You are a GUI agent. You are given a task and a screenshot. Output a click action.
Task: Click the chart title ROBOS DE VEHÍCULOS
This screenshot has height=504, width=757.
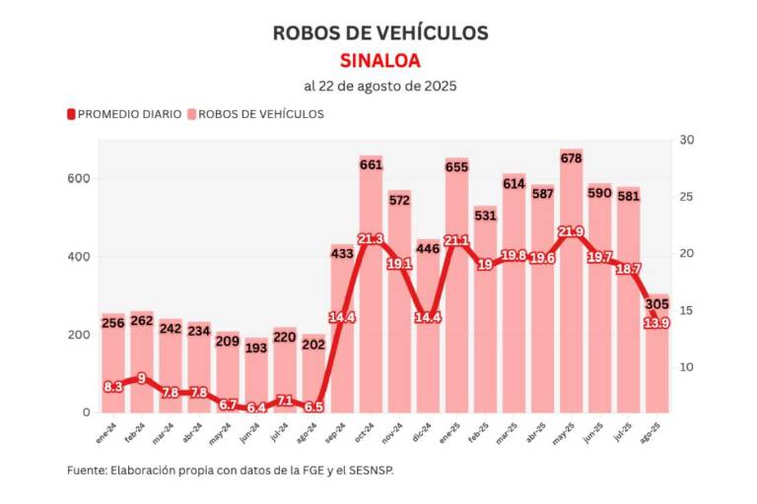379,32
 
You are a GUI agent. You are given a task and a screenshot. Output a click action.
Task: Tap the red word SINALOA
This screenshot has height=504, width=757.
379,59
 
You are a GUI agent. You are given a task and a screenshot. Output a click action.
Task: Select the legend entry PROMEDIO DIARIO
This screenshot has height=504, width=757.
128,114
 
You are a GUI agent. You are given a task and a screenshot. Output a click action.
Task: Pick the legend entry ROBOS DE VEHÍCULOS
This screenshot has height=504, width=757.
260,114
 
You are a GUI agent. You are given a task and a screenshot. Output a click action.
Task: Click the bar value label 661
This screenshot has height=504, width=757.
371,165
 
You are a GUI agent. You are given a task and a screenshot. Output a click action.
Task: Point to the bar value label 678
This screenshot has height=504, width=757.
571,158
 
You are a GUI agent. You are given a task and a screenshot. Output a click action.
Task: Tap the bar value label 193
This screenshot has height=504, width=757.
256,349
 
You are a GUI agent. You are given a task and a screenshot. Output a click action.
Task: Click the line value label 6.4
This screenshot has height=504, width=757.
256,408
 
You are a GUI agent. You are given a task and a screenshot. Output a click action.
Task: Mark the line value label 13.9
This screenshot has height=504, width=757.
656,323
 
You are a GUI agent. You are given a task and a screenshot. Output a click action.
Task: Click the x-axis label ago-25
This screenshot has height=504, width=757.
656,427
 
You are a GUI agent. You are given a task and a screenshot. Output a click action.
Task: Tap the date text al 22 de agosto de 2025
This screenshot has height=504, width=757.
379,86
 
